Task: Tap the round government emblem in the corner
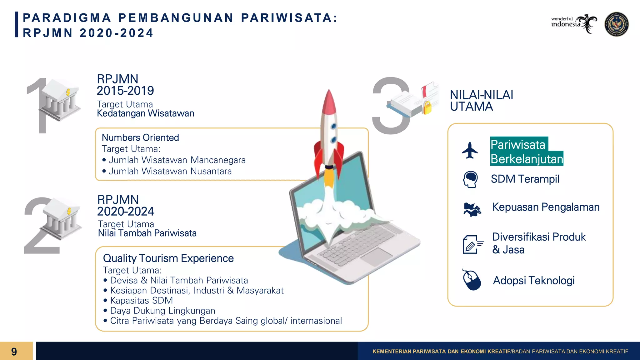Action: [617, 24]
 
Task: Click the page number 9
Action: [14, 352]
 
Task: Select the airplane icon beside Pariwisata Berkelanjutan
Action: [470, 151]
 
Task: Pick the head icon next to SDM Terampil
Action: [470, 179]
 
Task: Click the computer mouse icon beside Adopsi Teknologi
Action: [472, 280]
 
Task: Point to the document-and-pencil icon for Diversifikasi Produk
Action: [472, 244]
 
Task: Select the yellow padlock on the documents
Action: [427, 107]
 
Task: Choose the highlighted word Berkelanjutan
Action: [527, 159]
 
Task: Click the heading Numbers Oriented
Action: [140, 137]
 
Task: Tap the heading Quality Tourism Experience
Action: [168, 258]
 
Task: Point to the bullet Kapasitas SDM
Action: [141, 301]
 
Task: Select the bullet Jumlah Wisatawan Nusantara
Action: [170, 171]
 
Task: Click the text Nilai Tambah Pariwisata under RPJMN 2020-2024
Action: [147, 233]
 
